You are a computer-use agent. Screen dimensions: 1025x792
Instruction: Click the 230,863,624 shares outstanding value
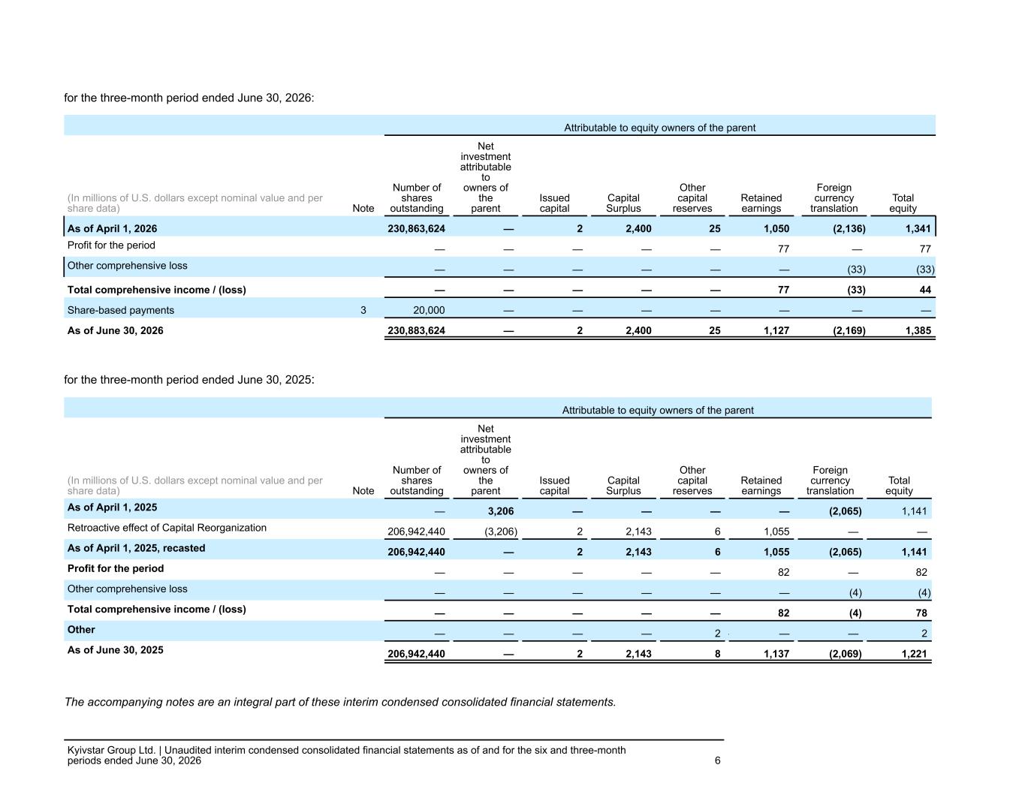pos(416,229)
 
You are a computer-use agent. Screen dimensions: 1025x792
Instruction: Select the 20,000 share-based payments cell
pos(429,310)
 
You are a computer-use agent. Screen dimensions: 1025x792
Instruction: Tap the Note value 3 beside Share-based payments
pos(363,310)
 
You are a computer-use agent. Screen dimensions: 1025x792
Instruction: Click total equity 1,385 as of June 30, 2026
pos(918,330)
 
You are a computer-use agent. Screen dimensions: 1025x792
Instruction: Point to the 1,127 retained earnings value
pos(776,330)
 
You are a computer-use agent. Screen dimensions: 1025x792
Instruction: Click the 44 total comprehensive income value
pos(925,290)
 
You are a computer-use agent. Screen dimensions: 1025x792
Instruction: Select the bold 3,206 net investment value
pos(500,511)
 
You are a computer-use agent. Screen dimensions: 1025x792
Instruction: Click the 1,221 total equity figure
pos(914,654)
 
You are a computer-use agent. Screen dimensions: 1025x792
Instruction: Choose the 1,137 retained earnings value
pos(776,654)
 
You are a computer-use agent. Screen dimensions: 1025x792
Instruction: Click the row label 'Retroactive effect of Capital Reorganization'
pos(167,528)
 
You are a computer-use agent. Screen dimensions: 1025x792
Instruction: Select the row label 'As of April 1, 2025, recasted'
pos(136,548)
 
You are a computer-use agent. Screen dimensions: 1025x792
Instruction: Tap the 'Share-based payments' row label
pos(120,310)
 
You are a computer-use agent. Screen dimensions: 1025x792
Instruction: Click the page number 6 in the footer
pos(717,760)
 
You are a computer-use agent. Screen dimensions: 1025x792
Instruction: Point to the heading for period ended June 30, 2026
pos(188,98)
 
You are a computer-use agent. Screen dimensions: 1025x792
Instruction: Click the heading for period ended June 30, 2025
pos(188,380)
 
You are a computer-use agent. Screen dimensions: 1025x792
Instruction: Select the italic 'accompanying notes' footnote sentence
pos(340,702)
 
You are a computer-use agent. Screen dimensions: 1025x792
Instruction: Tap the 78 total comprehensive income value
pos(921,613)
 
